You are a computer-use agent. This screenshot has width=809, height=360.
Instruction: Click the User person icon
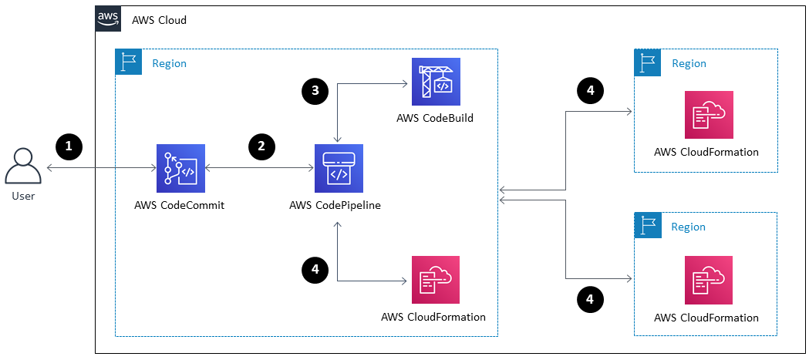click(x=23, y=166)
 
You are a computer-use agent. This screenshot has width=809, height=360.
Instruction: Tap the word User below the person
click(x=23, y=196)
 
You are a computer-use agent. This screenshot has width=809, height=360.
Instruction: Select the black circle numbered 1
click(x=69, y=145)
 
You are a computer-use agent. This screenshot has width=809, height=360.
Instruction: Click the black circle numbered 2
click(x=262, y=145)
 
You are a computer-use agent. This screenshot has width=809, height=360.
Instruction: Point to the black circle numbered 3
click(x=314, y=91)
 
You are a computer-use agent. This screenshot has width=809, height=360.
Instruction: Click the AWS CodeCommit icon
click(x=180, y=168)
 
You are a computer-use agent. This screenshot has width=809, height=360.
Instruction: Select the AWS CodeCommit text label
click(x=180, y=205)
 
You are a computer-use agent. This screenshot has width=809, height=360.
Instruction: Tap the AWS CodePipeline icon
click(x=338, y=168)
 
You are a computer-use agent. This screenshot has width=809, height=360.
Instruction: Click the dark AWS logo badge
click(x=108, y=19)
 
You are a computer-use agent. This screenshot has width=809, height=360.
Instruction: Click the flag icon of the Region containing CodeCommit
click(x=128, y=62)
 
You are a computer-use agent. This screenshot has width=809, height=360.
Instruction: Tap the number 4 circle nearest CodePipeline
click(x=314, y=269)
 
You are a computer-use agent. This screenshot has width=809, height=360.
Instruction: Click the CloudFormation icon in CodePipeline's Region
click(x=435, y=280)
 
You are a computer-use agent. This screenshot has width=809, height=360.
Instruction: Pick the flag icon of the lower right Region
click(x=647, y=225)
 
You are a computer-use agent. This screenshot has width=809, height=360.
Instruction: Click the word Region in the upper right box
click(x=689, y=63)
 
